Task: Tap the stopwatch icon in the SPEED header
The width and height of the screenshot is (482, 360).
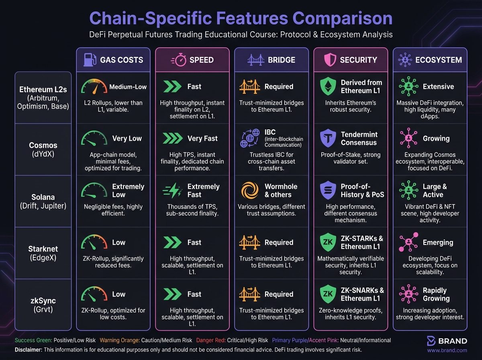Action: [179, 60]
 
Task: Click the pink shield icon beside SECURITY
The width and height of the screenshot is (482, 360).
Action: [329, 60]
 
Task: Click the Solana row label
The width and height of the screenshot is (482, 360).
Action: [43, 201]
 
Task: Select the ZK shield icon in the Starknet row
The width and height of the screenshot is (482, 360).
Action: [328, 242]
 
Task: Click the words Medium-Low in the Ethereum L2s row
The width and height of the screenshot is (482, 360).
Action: [128, 87]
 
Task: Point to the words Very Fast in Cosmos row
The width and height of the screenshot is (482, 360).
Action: [202, 139]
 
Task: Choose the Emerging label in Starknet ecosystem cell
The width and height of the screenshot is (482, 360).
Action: [438, 243]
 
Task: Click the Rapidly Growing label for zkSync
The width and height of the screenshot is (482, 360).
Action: [436, 295]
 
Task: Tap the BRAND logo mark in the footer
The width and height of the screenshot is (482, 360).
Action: [431, 341]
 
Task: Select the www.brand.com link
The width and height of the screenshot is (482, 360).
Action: [447, 350]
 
